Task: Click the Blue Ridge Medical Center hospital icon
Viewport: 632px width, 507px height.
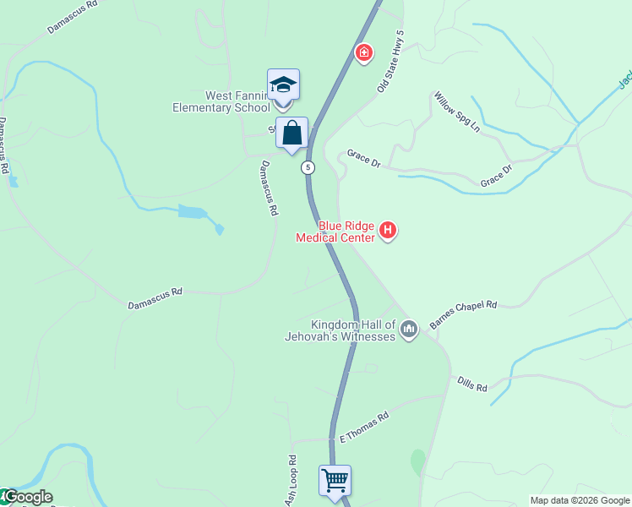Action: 388,230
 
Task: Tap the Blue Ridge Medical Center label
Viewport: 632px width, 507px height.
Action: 335,232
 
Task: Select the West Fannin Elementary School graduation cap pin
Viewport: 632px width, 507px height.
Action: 283,85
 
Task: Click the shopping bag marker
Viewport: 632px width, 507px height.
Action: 291,133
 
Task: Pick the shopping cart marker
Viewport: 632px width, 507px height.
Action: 335,481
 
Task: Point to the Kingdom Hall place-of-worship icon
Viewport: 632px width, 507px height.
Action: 409,328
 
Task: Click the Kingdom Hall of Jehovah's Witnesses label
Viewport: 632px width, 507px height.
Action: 353,330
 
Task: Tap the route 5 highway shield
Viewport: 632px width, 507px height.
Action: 308,167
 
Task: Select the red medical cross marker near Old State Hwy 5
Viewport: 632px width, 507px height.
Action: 364,54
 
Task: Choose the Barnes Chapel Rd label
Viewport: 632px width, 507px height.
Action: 463,313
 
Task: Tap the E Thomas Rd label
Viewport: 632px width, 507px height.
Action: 363,428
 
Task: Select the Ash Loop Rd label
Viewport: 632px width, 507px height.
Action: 292,480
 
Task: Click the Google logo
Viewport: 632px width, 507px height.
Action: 27,497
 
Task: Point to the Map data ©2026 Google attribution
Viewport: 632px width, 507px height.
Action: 580,500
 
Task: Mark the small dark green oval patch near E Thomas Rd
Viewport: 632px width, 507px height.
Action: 417,461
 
